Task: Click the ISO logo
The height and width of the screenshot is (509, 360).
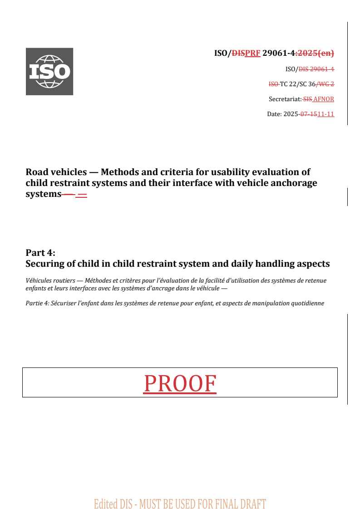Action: coord(49,71)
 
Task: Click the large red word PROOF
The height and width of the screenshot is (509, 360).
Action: coord(180,383)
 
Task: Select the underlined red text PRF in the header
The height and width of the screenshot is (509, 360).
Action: coord(252,53)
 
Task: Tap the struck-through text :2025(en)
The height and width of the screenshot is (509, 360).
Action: coord(315,53)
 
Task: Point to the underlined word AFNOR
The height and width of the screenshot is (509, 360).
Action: coord(324,99)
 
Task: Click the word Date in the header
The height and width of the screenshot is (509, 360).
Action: coord(274,114)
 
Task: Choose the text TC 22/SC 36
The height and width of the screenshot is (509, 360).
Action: coord(298,84)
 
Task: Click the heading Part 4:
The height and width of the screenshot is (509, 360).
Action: coord(40,253)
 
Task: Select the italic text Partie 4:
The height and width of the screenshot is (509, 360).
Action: coord(38,303)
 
